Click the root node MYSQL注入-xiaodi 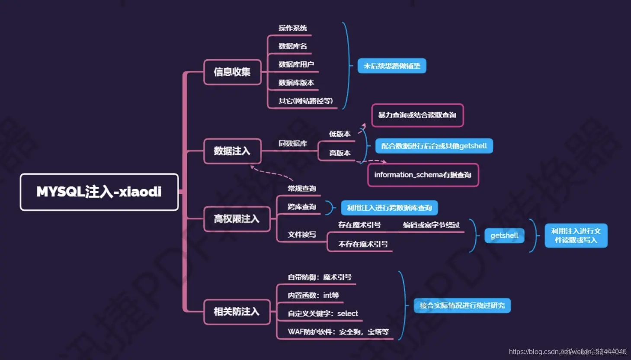click(x=99, y=192)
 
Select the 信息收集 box click(x=232, y=72)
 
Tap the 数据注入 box click(x=232, y=151)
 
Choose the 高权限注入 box click(x=237, y=219)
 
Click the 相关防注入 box click(x=237, y=312)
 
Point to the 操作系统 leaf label click(x=293, y=28)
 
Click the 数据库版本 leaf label click(x=296, y=83)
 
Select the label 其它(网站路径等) click(x=306, y=101)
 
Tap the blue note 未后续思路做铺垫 click(x=392, y=66)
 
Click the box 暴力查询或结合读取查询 click(x=417, y=115)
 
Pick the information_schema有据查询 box click(x=423, y=175)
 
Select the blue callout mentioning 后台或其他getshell click(x=434, y=146)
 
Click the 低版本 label click(x=340, y=134)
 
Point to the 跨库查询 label click(x=302, y=207)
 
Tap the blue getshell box click(x=504, y=236)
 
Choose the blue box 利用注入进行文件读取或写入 click(x=576, y=235)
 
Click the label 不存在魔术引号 click(x=363, y=244)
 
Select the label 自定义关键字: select click(x=323, y=314)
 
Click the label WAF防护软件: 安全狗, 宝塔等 click(x=338, y=332)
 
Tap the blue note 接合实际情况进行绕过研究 click(x=462, y=305)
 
